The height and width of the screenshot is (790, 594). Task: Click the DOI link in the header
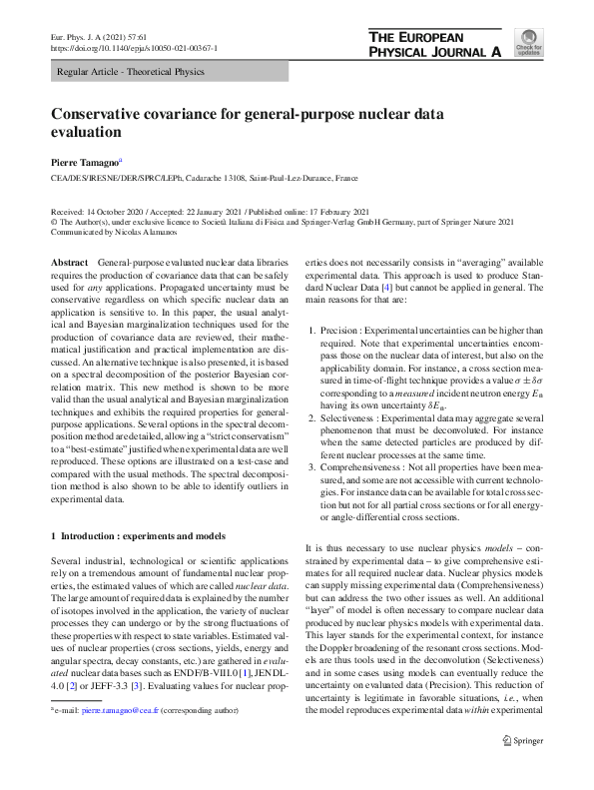[x=135, y=48]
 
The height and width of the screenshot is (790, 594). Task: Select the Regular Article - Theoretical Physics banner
[x=131, y=72]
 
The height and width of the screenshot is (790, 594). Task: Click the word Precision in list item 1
[x=340, y=330]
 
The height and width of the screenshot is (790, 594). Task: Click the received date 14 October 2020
[x=116, y=212]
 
